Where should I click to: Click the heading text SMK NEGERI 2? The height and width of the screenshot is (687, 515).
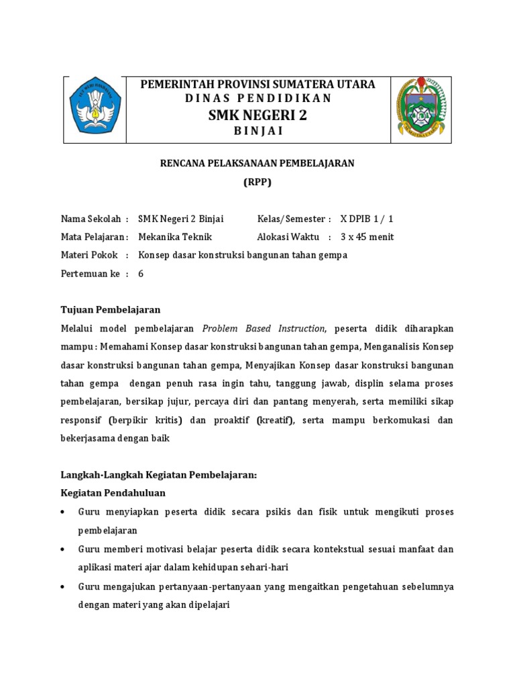tap(257, 115)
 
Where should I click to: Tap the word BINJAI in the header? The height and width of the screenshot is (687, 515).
tap(257, 131)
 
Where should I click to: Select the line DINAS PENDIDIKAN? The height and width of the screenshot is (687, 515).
tap(257, 99)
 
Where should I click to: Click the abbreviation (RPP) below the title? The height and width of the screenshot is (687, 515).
tap(257, 182)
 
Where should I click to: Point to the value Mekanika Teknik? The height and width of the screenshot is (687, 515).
tap(174, 237)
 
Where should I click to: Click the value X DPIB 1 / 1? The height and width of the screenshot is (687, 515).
tap(367, 219)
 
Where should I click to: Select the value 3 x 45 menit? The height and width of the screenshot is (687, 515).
tap(367, 237)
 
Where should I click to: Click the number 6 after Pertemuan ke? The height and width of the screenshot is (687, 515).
tap(141, 273)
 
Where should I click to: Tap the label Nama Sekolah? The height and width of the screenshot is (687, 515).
tap(91, 219)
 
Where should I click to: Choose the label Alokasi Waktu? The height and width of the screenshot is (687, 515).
tap(288, 237)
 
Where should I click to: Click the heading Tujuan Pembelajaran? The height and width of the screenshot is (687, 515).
tap(111, 309)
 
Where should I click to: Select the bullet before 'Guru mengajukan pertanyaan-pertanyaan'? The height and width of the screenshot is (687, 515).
tap(63, 586)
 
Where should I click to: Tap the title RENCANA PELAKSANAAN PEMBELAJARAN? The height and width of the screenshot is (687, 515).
tap(257, 163)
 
